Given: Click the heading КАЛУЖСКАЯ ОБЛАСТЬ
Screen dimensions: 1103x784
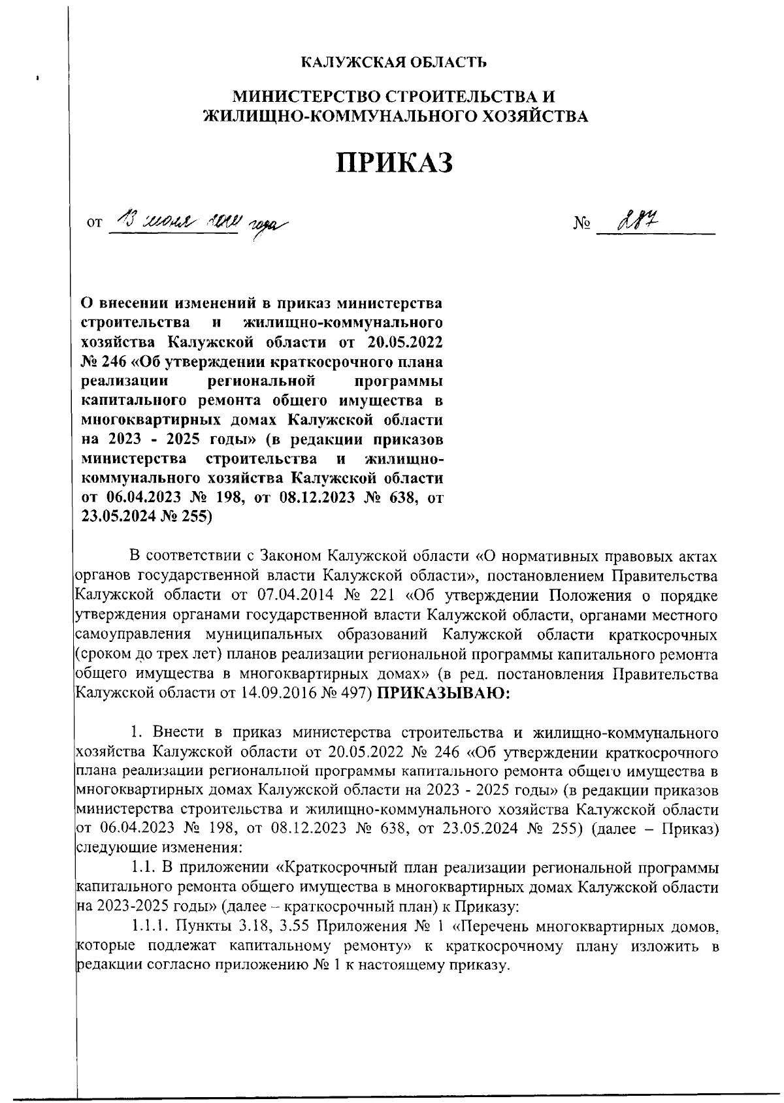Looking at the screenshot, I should pos(393,63).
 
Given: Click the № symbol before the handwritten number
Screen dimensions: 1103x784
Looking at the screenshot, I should pos(581,225).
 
